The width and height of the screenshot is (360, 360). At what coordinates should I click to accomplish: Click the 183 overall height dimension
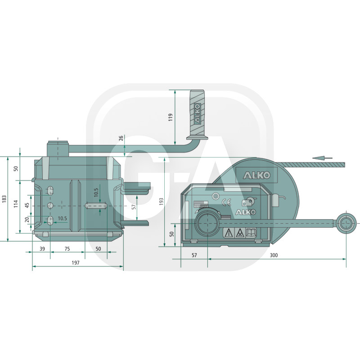(4, 199)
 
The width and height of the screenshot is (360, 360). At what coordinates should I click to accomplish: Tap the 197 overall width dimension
(76, 262)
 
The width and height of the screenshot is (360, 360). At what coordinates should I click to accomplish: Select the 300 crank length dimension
(274, 255)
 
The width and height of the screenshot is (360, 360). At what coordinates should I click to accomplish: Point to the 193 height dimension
(162, 201)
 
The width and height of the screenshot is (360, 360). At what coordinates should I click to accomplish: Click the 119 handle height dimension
(171, 117)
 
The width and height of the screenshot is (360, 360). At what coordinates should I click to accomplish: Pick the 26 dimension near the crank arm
(121, 138)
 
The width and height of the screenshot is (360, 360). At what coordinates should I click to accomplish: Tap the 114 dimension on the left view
(16, 204)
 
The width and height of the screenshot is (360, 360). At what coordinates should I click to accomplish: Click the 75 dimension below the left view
(67, 249)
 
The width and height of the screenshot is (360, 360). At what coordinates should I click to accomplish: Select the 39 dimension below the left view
(42, 249)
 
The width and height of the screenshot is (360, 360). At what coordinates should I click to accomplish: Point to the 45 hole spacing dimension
(27, 206)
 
